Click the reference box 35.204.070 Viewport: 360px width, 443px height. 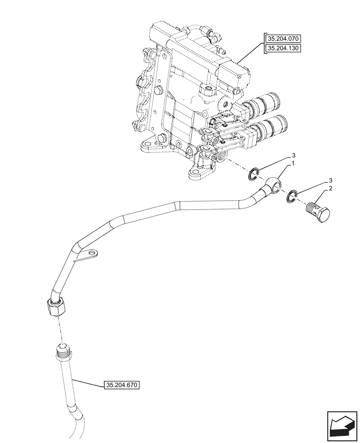click(286, 38)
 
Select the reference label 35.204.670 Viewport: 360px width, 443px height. click(121, 385)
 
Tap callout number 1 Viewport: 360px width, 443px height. click(293, 164)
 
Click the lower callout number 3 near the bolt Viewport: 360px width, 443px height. click(331, 181)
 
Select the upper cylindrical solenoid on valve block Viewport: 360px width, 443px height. click(262, 105)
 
